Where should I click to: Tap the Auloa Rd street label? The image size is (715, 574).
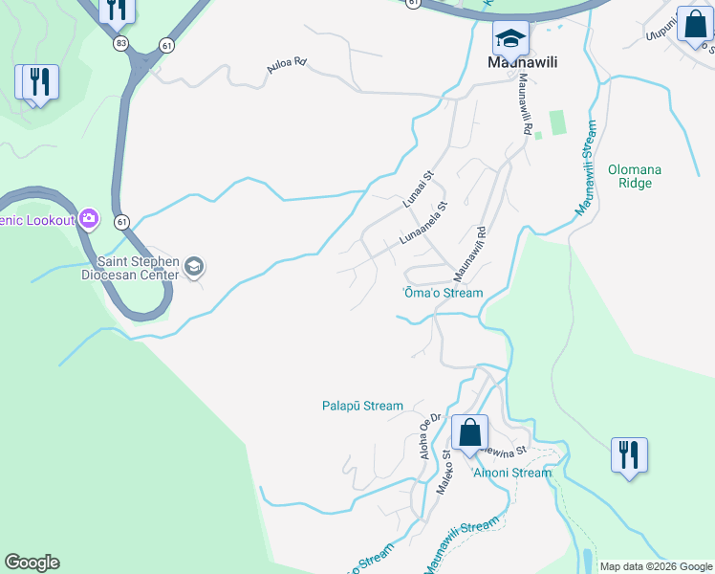point(287,64)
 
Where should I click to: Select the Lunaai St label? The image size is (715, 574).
point(418,188)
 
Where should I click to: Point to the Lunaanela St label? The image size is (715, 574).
point(423,223)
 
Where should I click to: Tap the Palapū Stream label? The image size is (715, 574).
point(362,406)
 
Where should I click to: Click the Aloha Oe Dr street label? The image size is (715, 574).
point(430,436)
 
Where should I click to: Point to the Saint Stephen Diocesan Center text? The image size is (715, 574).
point(137,268)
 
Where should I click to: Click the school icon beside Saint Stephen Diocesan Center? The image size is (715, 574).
point(194,267)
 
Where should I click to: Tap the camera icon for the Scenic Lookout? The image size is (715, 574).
point(89,219)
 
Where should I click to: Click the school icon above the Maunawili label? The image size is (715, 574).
point(510,37)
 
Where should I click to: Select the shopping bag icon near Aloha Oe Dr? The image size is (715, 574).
point(469,431)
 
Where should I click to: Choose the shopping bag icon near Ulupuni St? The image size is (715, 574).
point(694,24)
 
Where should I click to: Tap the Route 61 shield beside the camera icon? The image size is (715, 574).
point(121,222)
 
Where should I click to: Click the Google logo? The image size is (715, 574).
point(32,563)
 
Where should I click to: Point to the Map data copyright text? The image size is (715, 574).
point(656,566)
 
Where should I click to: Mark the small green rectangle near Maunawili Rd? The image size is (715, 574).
point(556,122)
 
